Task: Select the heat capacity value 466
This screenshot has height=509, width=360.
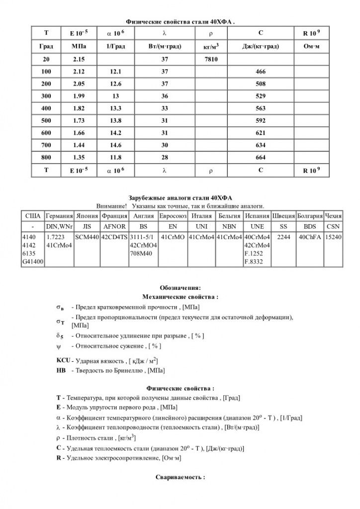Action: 261,72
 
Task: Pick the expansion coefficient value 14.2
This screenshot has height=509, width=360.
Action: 115,133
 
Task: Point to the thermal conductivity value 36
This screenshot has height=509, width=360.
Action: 165,96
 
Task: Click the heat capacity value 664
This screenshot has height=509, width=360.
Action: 261,157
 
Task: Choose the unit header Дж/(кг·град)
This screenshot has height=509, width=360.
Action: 261,46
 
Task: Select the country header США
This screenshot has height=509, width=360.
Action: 33,217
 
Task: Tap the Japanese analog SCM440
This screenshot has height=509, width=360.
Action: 87,237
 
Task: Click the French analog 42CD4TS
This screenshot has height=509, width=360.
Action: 114,237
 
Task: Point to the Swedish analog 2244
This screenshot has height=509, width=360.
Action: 283,237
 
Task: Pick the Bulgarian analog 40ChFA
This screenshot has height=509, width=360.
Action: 309,237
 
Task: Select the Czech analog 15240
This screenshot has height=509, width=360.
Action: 333,237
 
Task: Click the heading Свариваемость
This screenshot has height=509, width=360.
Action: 180,476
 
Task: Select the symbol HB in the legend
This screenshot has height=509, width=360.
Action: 62,370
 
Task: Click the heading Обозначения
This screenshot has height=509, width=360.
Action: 180,288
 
